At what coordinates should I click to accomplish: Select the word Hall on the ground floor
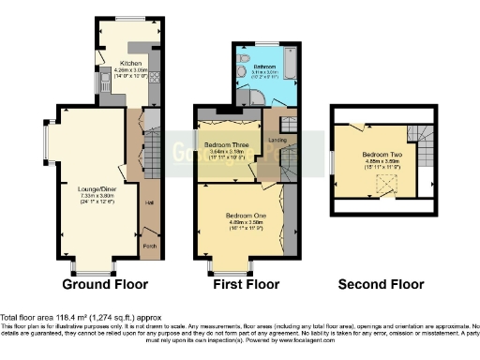149,201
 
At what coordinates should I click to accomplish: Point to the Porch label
149,247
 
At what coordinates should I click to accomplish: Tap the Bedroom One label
246,216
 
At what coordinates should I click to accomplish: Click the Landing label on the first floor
277,141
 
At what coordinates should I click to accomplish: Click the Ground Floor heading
101,284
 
